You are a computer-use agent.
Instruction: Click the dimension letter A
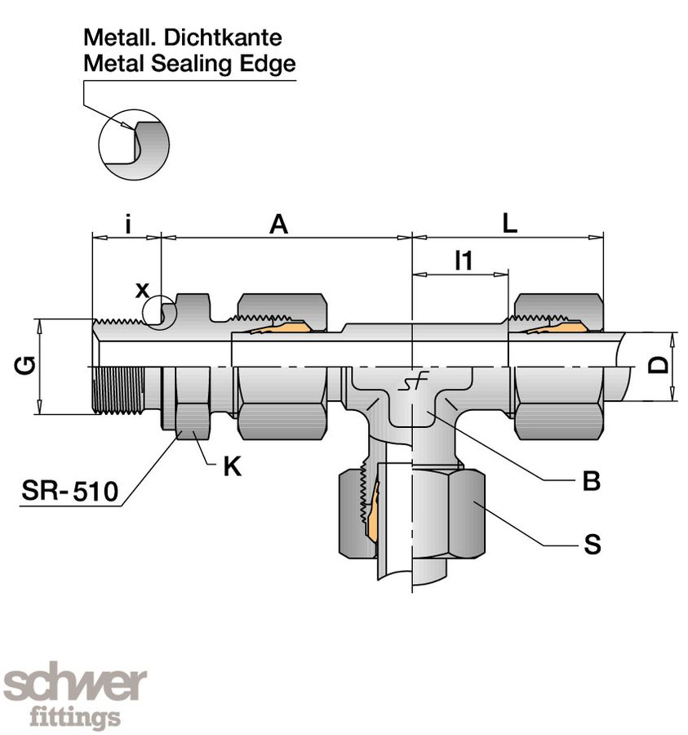[x=279, y=225]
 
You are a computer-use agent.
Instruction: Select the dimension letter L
[x=509, y=225]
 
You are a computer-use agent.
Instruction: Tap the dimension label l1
[x=463, y=261]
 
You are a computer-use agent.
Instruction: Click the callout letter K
[x=232, y=467]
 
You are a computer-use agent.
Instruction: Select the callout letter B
[x=592, y=482]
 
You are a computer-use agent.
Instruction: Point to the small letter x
[x=143, y=289]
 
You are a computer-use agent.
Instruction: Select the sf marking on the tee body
[x=411, y=384]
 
